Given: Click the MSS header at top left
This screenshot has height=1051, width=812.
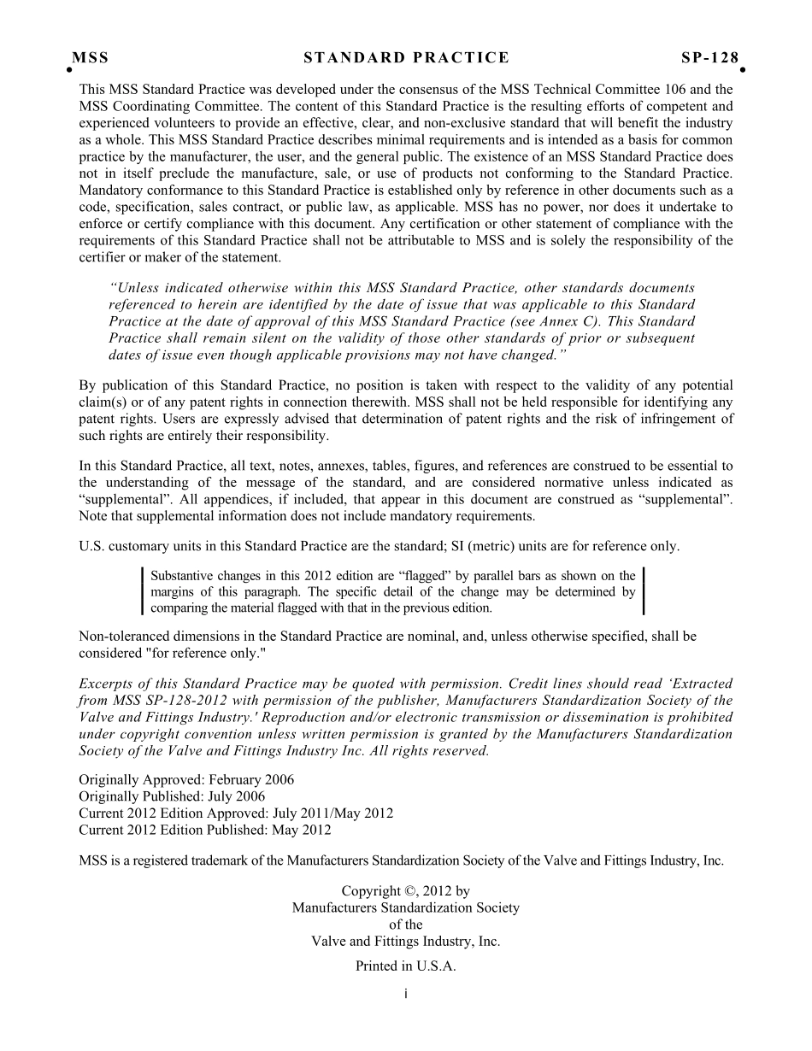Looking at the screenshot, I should pyautogui.click(x=90, y=58).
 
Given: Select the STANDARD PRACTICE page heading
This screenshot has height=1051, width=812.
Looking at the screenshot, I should pyautogui.click(x=406, y=58).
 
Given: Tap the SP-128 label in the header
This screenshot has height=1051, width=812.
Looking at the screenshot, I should pyautogui.click(x=709, y=58).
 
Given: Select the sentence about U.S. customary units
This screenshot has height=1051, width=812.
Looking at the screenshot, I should pyautogui.click(x=379, y=546).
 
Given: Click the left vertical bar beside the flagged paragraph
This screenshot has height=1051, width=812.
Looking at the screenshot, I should pyautogui.click(x=142, y=591).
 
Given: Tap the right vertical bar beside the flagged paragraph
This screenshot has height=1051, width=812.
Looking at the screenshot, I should pyautogui.click(x=643, y=591).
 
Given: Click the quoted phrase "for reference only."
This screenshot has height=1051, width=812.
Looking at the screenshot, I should pyautogui.click(x=206, y=653).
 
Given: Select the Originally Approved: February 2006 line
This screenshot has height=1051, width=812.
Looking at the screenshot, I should pyautogui.click(x=186, y=780).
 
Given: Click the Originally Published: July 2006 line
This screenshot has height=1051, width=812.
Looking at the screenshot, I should pyautogui.click(x=172, y=796).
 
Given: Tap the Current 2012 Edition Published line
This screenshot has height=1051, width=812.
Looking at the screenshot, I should pyautogui.click(x=205, y=830).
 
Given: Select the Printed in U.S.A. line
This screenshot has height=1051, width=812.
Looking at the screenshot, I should pyautogui.click(x=406, y=966).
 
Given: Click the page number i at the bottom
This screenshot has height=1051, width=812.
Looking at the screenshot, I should pyautogui.click(x=406, y=994).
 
